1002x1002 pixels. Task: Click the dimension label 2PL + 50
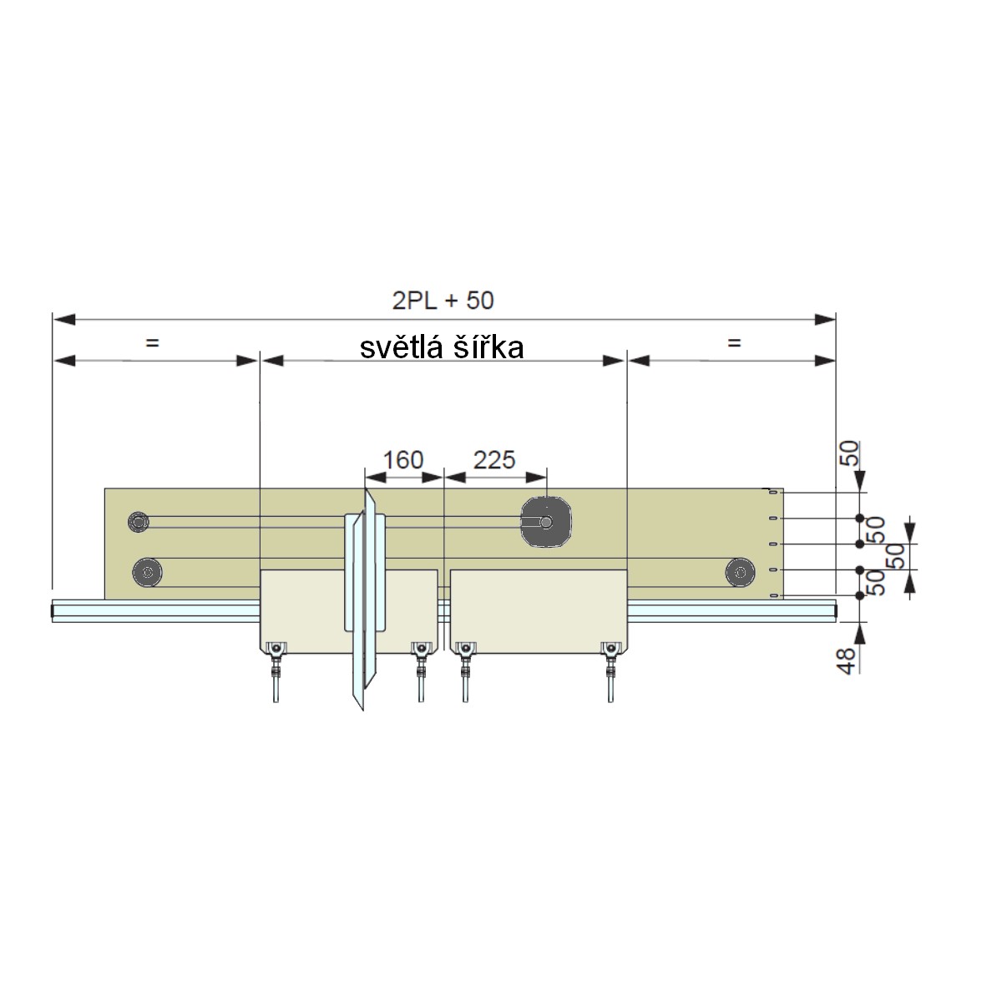pyautogui.click(x=443, y=301)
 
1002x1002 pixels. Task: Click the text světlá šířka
pyautogui.click(x=442, y=347)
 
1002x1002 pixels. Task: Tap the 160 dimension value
pyautogui.click(x=403, y=460)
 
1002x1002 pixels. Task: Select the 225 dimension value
pyautogui.click(x=494, y=459)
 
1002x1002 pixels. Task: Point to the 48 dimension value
pyautogui.click(x=847, y=660)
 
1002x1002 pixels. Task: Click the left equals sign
pyautogui.click(x=152, y=342)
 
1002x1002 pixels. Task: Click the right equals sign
pyautogui.click(x=734, y=342)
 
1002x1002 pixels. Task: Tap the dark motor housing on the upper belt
pyautogui.click(x=546, y=522)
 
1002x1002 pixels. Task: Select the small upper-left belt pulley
pyautogui.click(x=139, y=521)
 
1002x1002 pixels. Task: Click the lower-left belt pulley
pyautogui.click(x=147, y=573)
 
